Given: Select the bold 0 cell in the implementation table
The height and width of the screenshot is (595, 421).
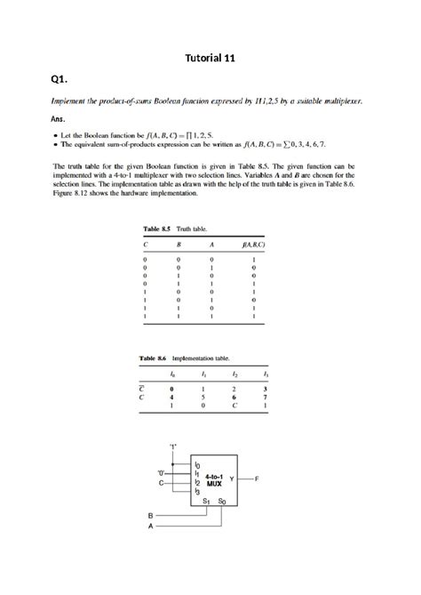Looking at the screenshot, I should click(x=171, y=388).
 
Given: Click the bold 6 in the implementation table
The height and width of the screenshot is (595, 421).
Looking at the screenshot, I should click(x=234, y=398).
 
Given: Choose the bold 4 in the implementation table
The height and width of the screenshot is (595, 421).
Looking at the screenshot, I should click(x=171, y=398).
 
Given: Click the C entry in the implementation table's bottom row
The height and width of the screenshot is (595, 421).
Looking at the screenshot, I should click(x=234, y=407).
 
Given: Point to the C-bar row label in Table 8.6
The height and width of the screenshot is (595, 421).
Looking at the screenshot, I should click(x=143, y=388).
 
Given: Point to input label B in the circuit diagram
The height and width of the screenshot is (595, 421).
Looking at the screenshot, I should click(x=149, y=515).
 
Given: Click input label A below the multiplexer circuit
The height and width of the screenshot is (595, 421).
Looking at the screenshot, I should click(x=149, y=525).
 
